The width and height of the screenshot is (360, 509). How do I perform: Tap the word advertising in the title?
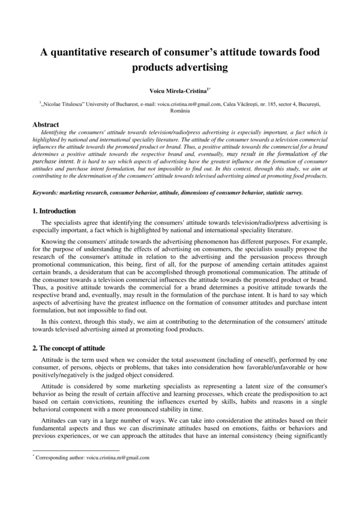(200, 68)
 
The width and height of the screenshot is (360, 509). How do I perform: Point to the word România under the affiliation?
(180, 112)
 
